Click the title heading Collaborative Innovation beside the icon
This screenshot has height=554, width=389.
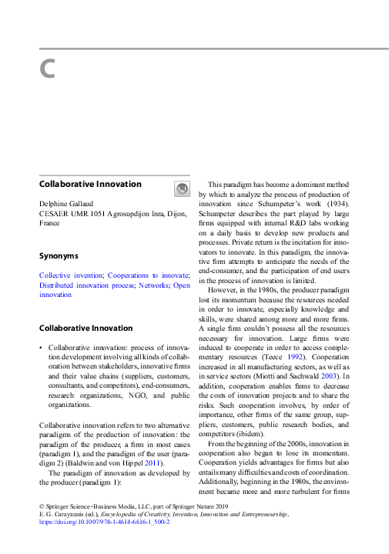(x=90, y=185)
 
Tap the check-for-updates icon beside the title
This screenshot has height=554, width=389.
(x=179, y=189)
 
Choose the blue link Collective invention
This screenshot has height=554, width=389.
(x=71, y=275)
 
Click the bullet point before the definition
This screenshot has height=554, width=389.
(x=41, y=349)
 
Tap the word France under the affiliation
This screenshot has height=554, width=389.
(x=49, y=222)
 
